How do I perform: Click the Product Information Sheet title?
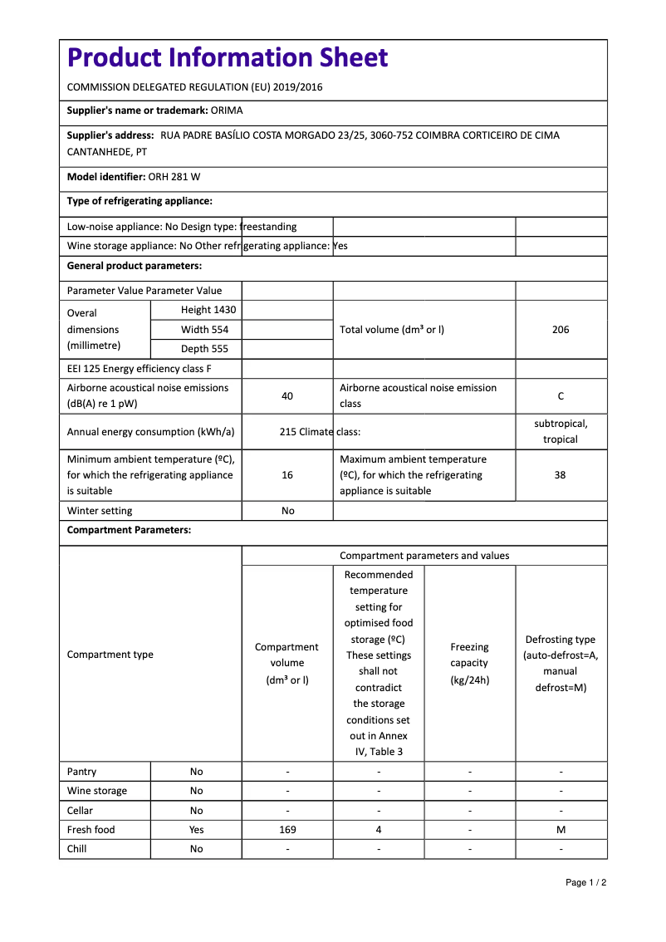click(228, 58)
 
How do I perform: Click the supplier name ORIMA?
click(227, 110)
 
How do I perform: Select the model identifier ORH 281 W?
click(174, 177)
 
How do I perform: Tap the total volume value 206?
click(561, 330)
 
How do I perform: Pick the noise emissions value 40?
click(287, 396)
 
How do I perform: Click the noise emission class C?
click(561, 396)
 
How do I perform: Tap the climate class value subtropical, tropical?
click(561, 431)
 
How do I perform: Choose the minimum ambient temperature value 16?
click(287, 475)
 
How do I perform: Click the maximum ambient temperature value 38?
click(561, 475)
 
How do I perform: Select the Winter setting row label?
click(100, 511)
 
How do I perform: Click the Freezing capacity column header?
click(469, 663)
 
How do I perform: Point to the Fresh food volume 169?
click(287, 830)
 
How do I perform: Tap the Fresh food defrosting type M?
click(561, 830)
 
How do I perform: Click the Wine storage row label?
click(97, 791)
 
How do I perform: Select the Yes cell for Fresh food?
click(196, 830)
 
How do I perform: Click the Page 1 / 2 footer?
click(585, 882)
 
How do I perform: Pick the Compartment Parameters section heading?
click(129, 530)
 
